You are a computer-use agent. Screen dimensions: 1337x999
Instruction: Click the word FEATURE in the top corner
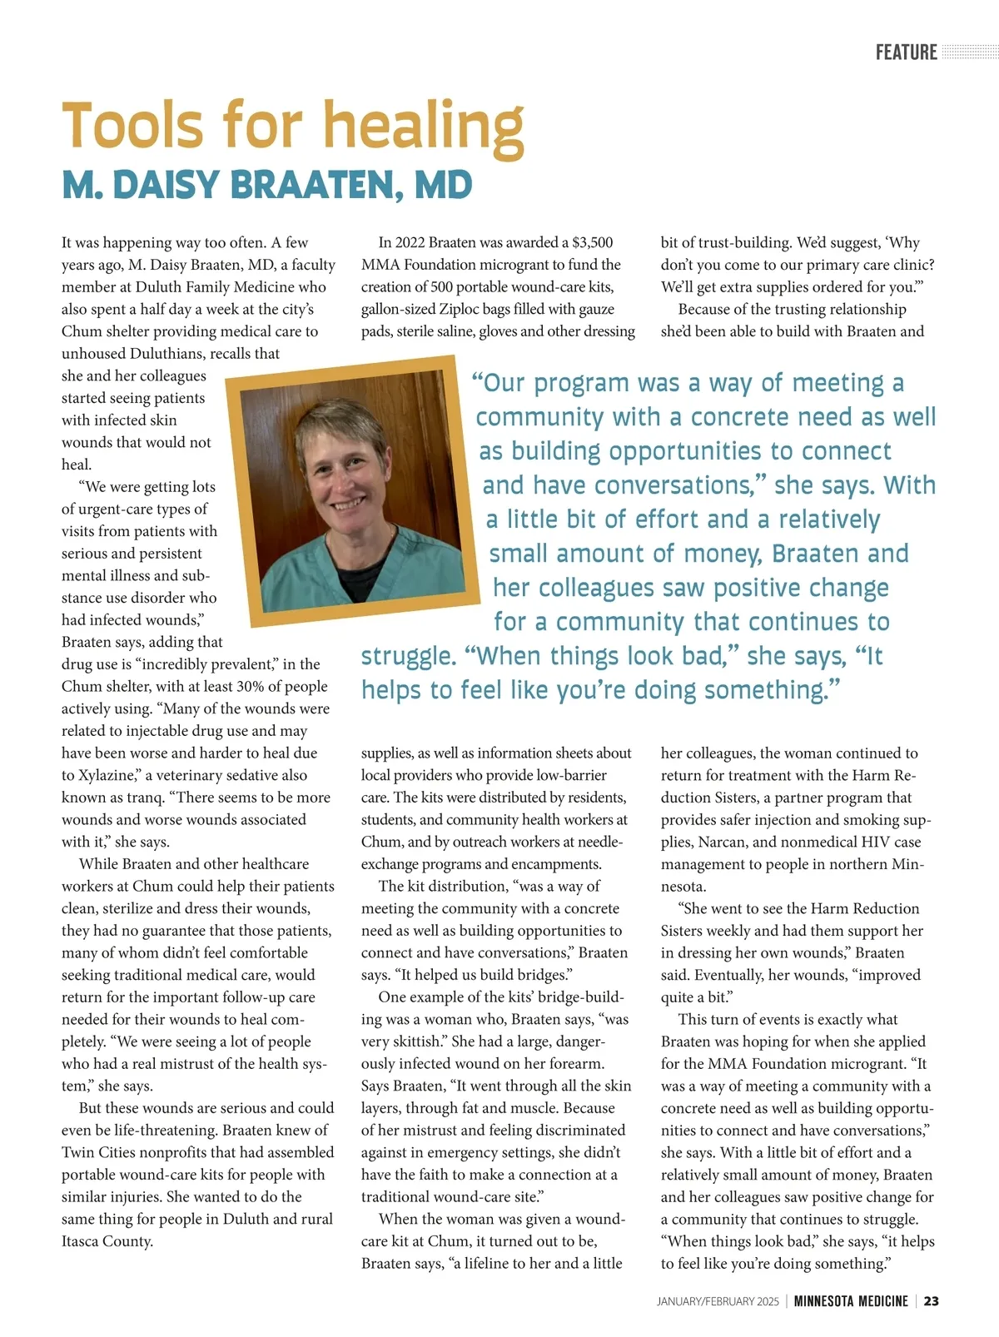[906, 52]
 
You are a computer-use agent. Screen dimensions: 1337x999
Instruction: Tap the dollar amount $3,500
[592, 242]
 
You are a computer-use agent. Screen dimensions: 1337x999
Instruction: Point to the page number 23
[931, 1300]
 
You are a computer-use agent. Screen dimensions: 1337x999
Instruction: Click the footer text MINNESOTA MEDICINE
[850, 1300]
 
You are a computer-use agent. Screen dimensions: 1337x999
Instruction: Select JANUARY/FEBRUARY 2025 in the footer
[718, 1301]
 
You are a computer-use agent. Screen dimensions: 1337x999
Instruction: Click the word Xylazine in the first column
[105, 775]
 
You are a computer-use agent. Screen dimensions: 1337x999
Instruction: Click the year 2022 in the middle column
[410, 242]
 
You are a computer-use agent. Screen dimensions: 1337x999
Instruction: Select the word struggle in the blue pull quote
[408, 656]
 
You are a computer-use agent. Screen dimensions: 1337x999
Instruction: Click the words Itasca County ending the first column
[107, 1241]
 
